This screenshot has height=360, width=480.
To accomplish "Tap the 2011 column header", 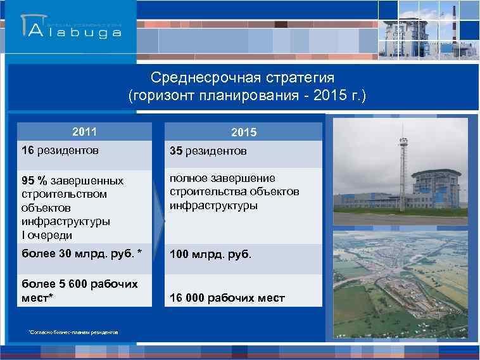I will [84, 132].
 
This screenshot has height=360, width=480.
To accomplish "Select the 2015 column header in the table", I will [244, 133].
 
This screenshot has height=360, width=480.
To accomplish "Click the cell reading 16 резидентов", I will [60, 151].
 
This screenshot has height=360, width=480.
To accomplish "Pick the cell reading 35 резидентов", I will [208, 151].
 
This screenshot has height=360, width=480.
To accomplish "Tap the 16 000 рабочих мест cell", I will [227, 298].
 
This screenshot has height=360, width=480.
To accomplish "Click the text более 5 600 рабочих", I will [79, 283].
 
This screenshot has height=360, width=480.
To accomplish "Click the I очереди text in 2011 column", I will [47, 235].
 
